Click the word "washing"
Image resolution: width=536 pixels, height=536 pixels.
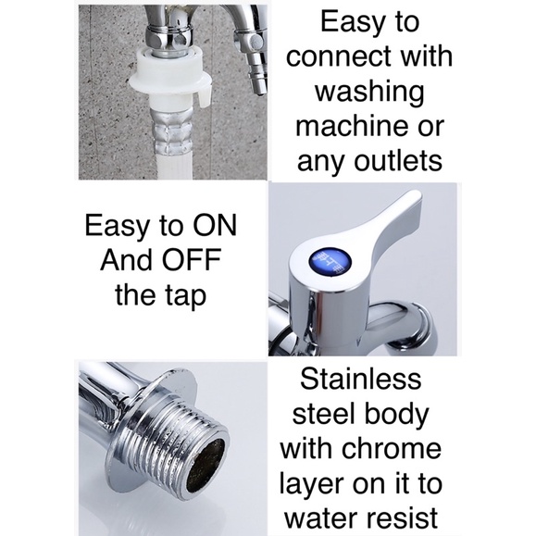pos(368,92)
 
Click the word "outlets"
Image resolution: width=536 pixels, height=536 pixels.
pos(397,161)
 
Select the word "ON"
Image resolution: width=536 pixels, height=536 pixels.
pos(215,226)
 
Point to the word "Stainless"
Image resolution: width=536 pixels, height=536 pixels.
pos(361,380)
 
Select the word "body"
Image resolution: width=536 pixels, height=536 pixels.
pos(395,415)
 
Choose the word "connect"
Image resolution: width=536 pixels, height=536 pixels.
pos(340,56)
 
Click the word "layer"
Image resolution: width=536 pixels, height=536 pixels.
pos(313,485)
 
